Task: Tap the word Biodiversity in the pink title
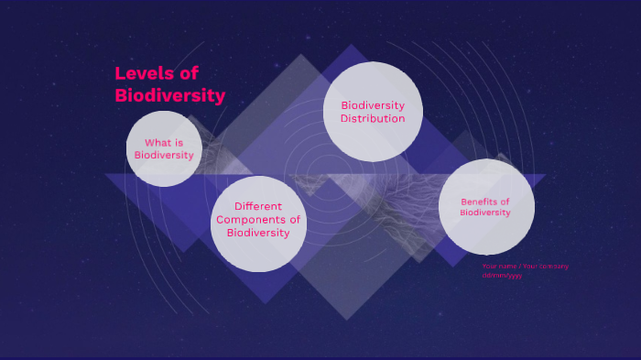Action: click(x=169, y=95)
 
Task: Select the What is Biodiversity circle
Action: click(x=164, y=148)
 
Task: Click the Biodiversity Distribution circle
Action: click(x=373, y=112)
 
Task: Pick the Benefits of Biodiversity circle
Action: click(x=485, y=207)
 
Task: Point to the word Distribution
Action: click(x=373, y=118)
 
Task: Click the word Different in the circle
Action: click(x=258, y=206)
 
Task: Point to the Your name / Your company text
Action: click(x=525, y=267)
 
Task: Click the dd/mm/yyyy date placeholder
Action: click(x=502, y=275)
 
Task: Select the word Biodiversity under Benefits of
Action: click(x=485, y=213)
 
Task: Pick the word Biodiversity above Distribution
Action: click(x=373, y=105)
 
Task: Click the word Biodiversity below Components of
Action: click(x=258, y=233)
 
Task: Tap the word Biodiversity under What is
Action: click(x=164, y=155)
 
